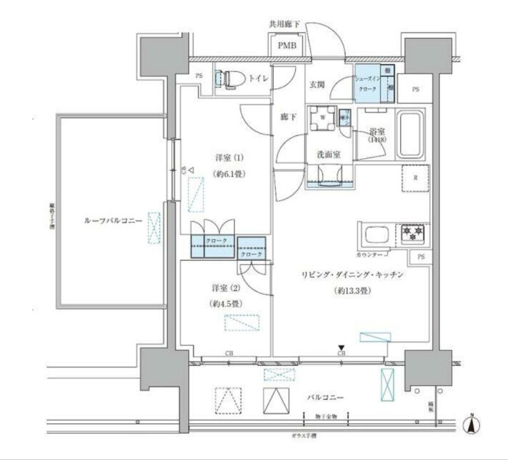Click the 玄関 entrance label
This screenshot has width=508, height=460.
click(x=317, y=85)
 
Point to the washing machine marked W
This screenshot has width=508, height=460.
click(x=323, y=118)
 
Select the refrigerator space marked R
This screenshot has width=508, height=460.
click(x=415, y=179)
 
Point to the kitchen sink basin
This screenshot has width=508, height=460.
click(x=375, y=234)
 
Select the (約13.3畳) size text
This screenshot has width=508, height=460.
click(x=352, y=291)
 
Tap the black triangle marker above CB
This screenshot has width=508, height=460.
click(x=342, y=347)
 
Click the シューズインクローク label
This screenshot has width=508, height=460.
click(x=368, y=83)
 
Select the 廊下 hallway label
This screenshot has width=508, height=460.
click(x=288, y=117)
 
